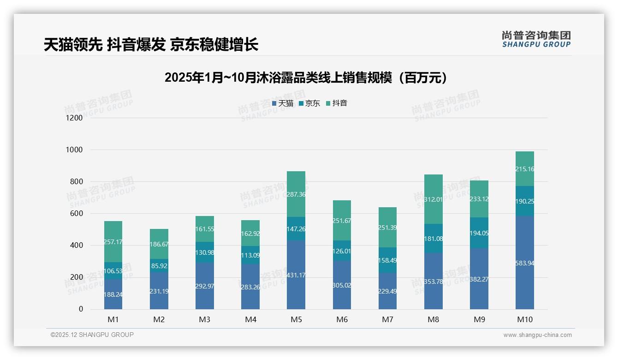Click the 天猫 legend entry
pos(283,103)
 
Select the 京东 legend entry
pos(309,103)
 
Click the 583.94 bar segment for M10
pos(525,263)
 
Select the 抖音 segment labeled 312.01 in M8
pos(434,199)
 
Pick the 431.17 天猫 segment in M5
pos(296,275)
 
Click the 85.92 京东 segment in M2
pos(159,266)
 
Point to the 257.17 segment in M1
pos(113,242)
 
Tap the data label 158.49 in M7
pos(388,260)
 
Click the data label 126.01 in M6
pos(342,251)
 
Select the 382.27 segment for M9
pos(479,279)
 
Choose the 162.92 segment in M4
pos(250,234)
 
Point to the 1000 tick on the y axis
pos(74,150)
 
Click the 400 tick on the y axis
pos(76,246)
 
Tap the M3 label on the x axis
pos(205,319)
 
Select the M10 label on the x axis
pos(525,319)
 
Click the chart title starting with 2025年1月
pos(306,78)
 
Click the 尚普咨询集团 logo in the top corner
pos(536,39)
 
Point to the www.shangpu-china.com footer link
pos(537,335)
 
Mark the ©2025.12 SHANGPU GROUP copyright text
pos(92,335)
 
